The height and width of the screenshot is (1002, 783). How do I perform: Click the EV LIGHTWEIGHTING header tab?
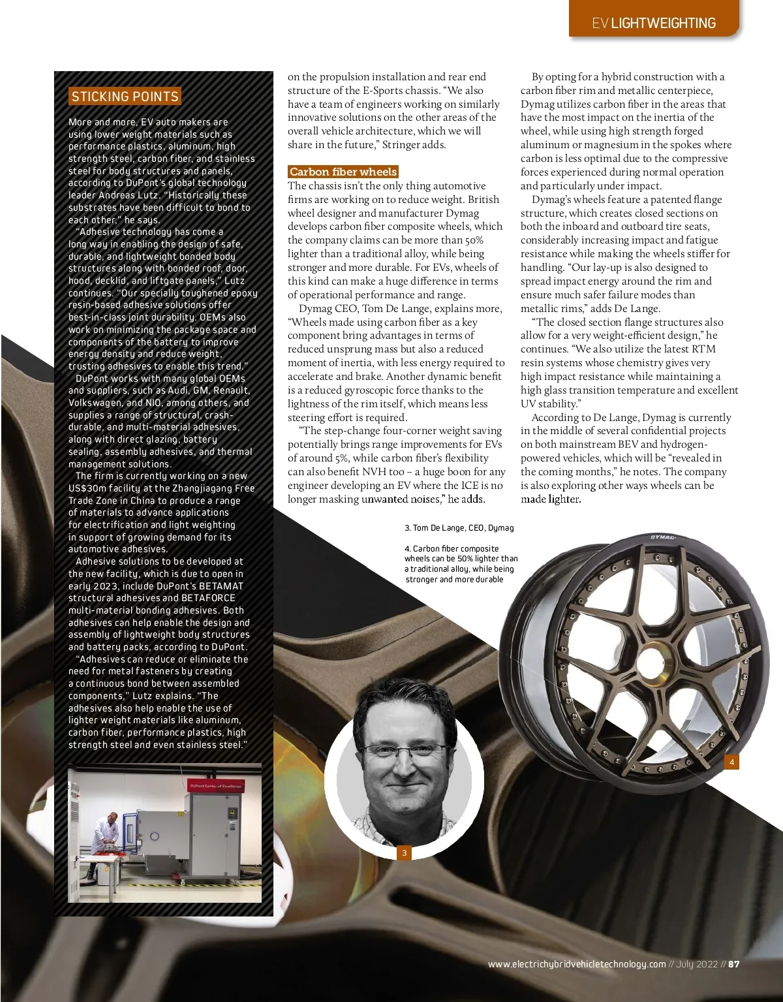[653, 23]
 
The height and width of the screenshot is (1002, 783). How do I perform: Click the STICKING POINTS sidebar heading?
[125, 97]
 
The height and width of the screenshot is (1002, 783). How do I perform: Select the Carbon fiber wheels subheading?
[343, 172]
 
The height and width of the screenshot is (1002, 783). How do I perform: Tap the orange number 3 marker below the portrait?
[405, 853]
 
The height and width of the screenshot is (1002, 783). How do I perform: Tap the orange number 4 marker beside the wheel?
[732, 762]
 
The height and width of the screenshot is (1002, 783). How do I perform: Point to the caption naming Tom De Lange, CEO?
[459, 527]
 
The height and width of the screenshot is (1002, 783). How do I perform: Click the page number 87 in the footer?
[734, 964]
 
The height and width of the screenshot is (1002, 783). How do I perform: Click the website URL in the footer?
[577, 964]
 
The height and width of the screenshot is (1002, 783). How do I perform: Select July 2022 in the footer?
[697, 964]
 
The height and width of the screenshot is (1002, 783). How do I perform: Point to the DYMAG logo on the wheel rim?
[663, 537]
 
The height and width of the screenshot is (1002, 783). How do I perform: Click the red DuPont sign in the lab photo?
[215, 786]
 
